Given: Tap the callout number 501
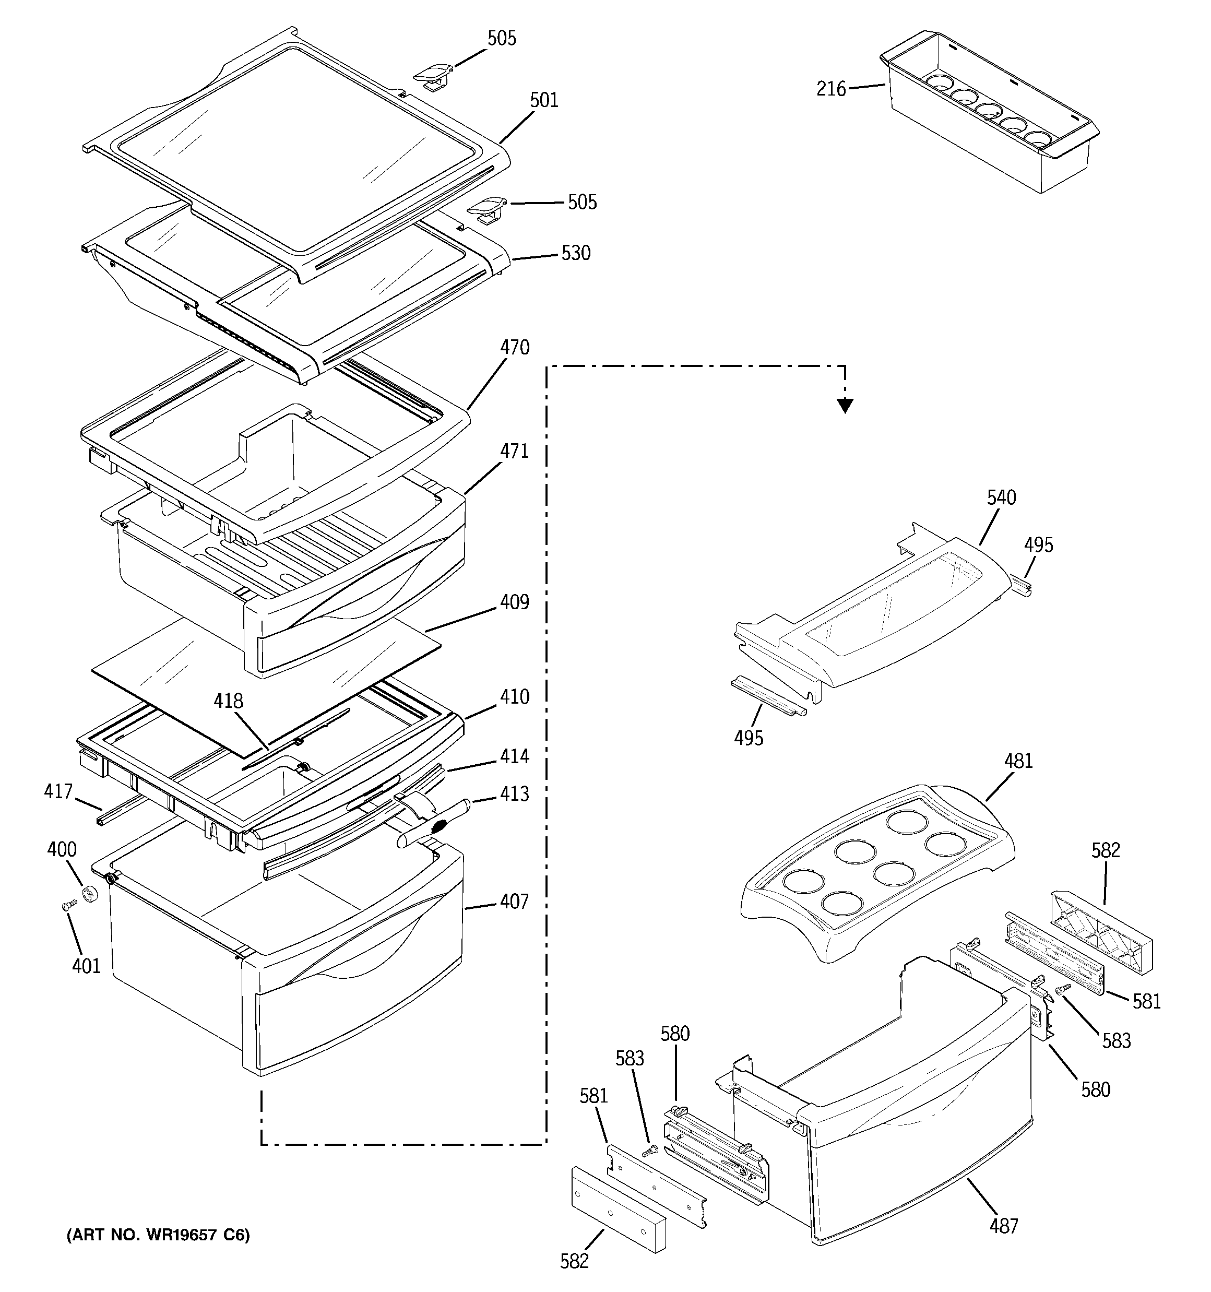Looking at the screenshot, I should pos(543,100).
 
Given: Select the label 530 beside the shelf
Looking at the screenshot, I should pos(576,254).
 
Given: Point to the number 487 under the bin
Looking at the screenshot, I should pos(1004,1225).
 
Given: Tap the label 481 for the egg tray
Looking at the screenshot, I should pos(1018,761).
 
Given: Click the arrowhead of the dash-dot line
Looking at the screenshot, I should pos(845,406).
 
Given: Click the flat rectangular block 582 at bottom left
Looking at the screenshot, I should pos(618,1207).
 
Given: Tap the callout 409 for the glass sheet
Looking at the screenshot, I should pos(514,602).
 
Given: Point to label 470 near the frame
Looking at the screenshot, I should pos(514,348).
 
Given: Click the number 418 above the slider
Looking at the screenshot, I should pos(228,701).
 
